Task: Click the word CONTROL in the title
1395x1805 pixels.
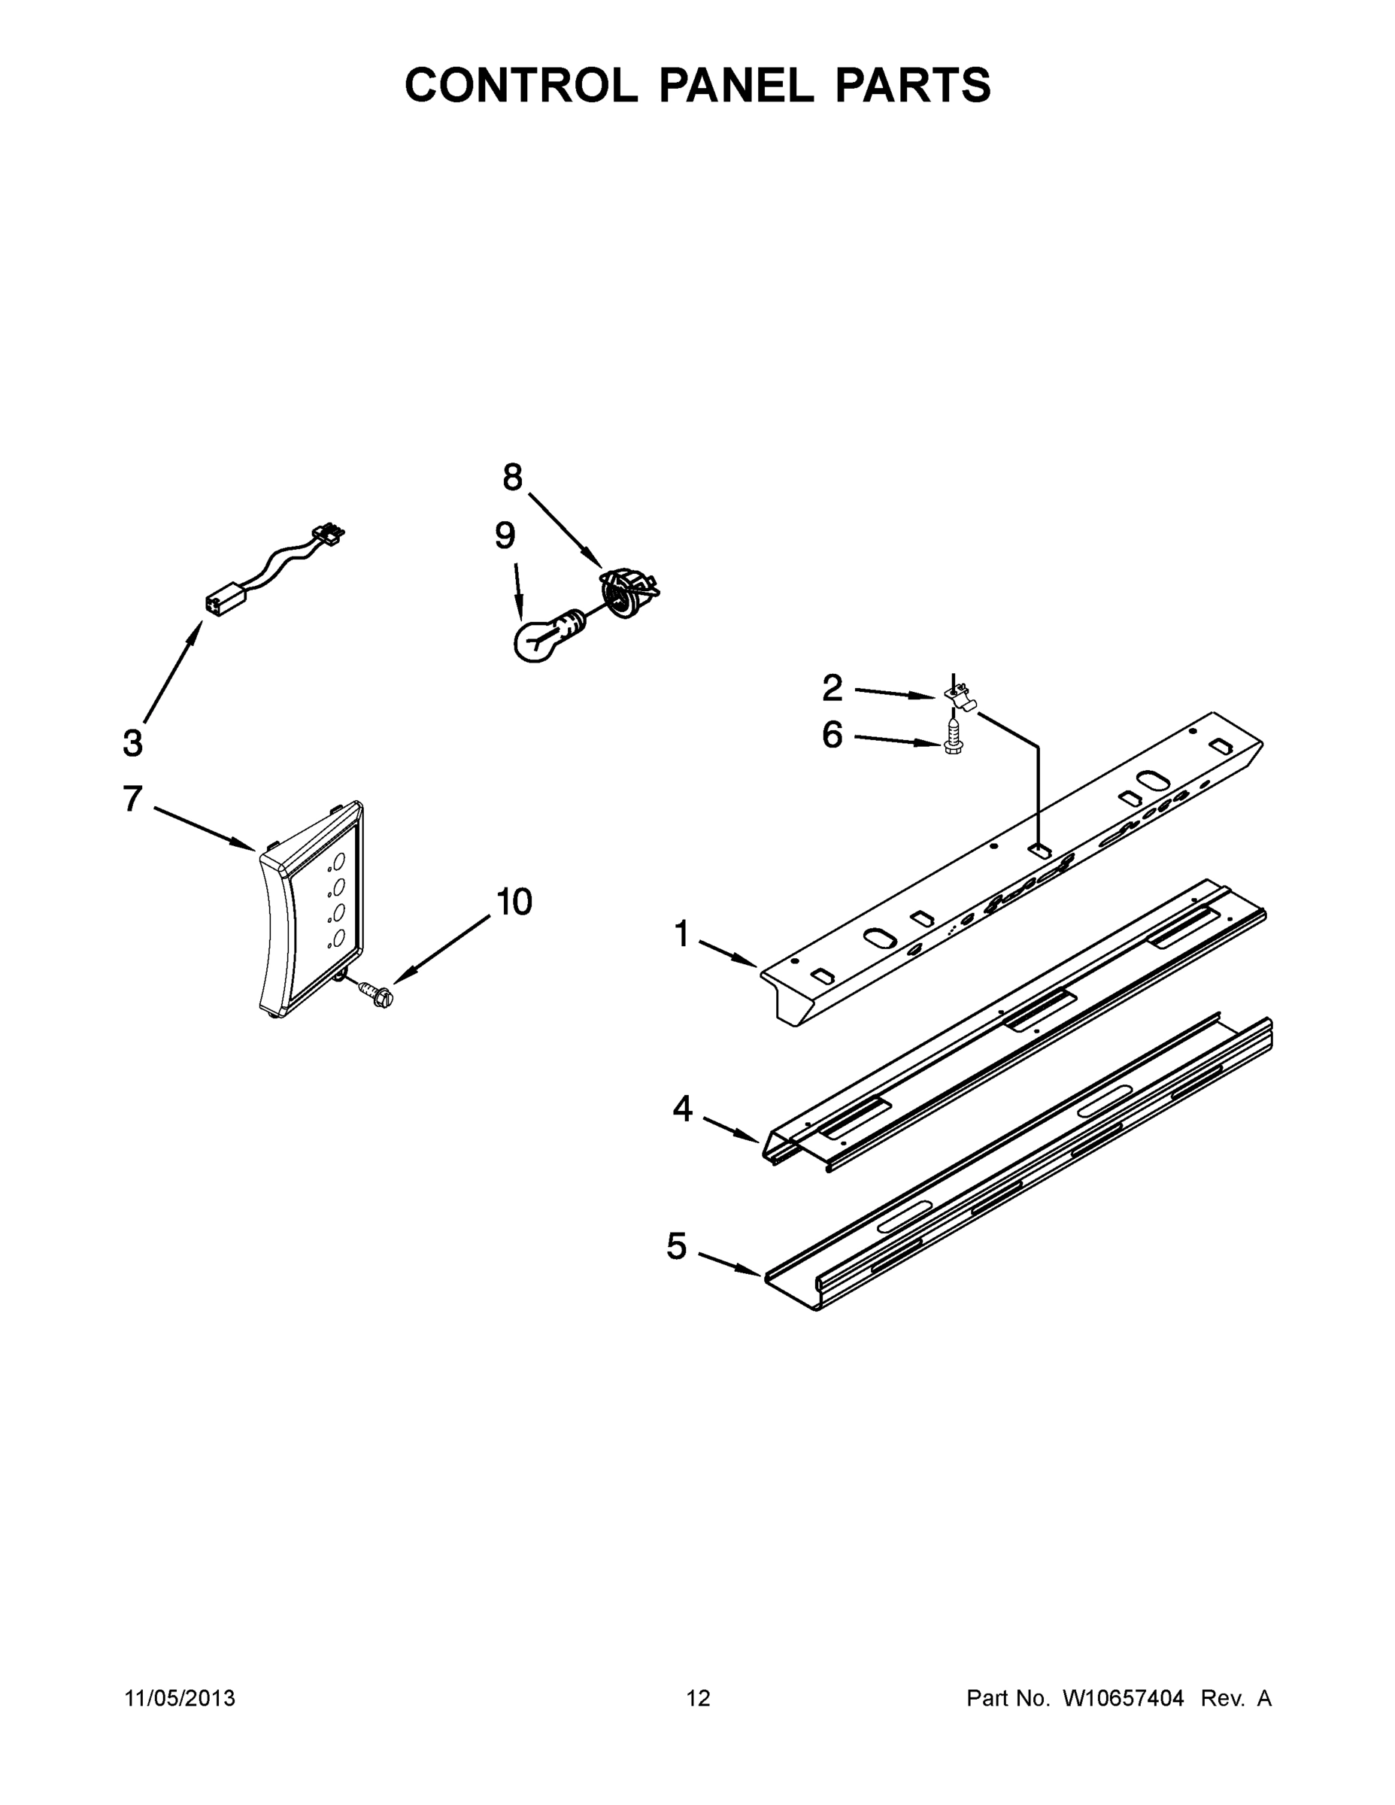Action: point(520,85)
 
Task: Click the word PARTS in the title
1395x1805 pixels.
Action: point(912,85)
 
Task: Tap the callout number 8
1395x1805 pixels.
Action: point(512,478)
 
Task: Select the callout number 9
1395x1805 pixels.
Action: point(505,536)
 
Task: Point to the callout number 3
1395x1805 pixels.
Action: point(132,743)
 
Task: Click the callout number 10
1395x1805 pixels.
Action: point(514,902)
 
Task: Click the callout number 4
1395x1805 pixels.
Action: point(682,1109)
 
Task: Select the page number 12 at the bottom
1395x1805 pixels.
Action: point(698,1698)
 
